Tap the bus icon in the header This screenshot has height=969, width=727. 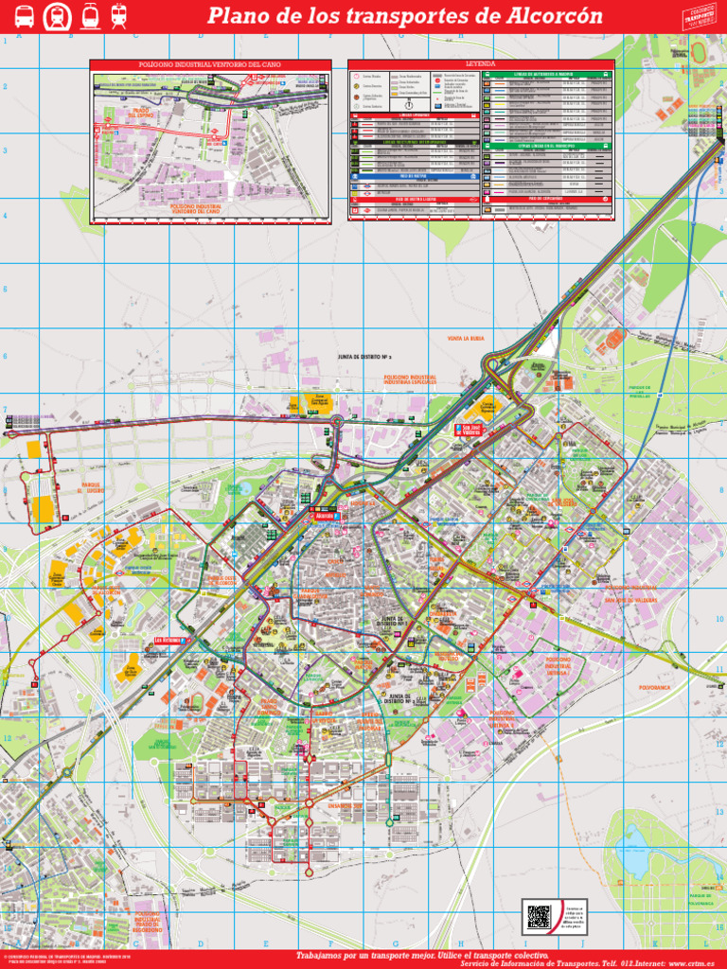click(25, 16)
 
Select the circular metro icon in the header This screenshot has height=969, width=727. click(57, 16)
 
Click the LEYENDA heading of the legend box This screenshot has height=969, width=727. click(481, 64)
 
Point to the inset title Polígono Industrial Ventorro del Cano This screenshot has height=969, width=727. click(210, 64)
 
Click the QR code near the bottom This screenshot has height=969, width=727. click(539, 916)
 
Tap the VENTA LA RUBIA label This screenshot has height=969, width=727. click(465, 338)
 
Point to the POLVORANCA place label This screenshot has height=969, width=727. click(655, 687)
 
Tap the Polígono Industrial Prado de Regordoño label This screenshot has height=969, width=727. click(147, 920)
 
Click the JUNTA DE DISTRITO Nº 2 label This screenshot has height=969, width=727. click(364, 358)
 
